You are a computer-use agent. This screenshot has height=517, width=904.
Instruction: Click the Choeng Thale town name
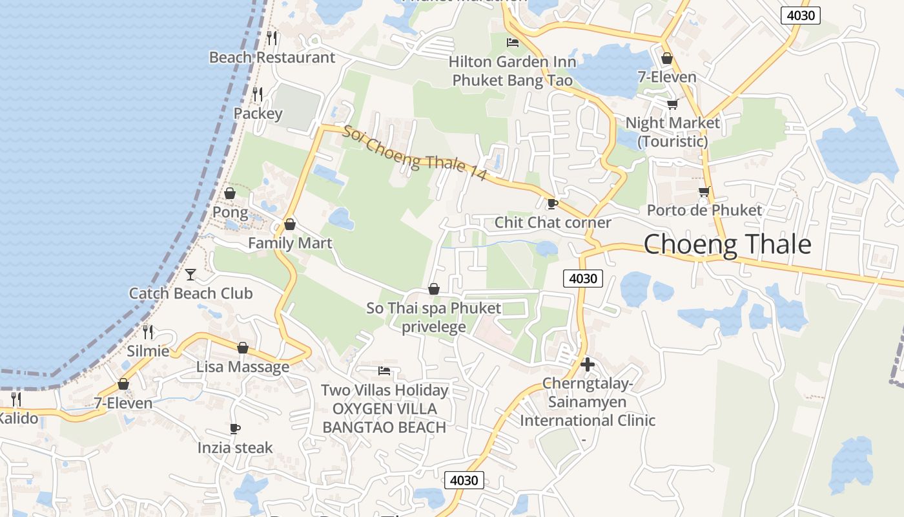click(727, 244)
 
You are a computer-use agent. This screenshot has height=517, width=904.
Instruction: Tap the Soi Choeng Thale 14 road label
click(413, 154)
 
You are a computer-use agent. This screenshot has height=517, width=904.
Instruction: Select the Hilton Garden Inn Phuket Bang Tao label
click(512, 71)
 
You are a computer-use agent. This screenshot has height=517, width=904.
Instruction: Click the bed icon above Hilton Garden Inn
click(513, 43)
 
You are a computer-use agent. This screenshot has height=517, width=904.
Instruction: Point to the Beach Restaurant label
click(272, 58)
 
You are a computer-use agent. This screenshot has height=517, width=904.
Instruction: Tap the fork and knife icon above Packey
click(258, 94)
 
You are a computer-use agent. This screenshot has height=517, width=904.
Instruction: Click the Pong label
click(230, 212)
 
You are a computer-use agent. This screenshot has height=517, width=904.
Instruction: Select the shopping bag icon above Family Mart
click(290, 224)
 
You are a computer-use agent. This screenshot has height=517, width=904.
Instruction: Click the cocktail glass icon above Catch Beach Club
click(190, 275)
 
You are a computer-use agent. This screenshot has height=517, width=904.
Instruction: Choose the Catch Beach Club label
click(190, 293)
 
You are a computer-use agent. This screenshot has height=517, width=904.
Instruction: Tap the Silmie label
click(149, 352)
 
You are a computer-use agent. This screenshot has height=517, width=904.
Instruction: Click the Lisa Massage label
click(243, 367)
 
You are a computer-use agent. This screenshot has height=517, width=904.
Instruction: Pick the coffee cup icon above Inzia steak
click(235, 428)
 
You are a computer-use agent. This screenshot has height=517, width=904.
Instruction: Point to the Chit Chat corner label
click(553, 222)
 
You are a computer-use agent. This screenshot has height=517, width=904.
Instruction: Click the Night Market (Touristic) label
click(672, 132)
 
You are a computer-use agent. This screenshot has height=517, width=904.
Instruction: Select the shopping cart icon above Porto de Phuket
click(704, 192)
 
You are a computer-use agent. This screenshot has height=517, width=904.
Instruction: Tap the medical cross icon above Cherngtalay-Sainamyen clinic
click(588, 364)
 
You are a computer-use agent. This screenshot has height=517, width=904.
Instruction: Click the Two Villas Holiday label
click(385, 390)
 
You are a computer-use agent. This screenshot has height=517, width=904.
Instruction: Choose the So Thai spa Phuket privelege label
click(434, 317)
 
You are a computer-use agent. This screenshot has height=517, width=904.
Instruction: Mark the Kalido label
click(17, 418)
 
